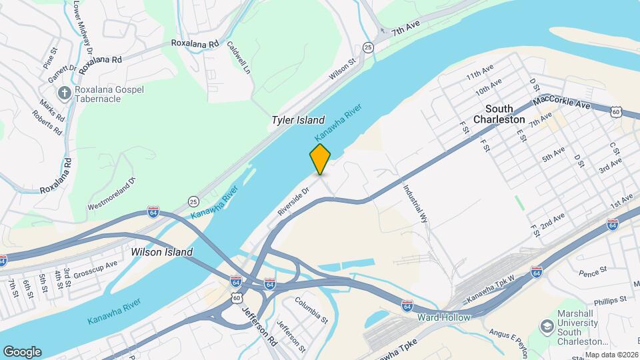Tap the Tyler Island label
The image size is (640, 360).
(x=297, y=121)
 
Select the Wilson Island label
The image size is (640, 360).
(x=162, y=252)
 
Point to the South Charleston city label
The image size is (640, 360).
(x=499, y=114)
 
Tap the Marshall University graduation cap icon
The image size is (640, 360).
(x=547, y=326)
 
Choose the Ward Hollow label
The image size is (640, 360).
(x=444, y=317)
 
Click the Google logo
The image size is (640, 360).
(x=22, y=351)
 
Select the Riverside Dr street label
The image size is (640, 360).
(x=294, y=201)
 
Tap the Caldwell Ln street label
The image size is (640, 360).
(x=239, y=58)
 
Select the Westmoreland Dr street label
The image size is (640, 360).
(x=111, y=193)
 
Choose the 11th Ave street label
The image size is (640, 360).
(x=479, y=72)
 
